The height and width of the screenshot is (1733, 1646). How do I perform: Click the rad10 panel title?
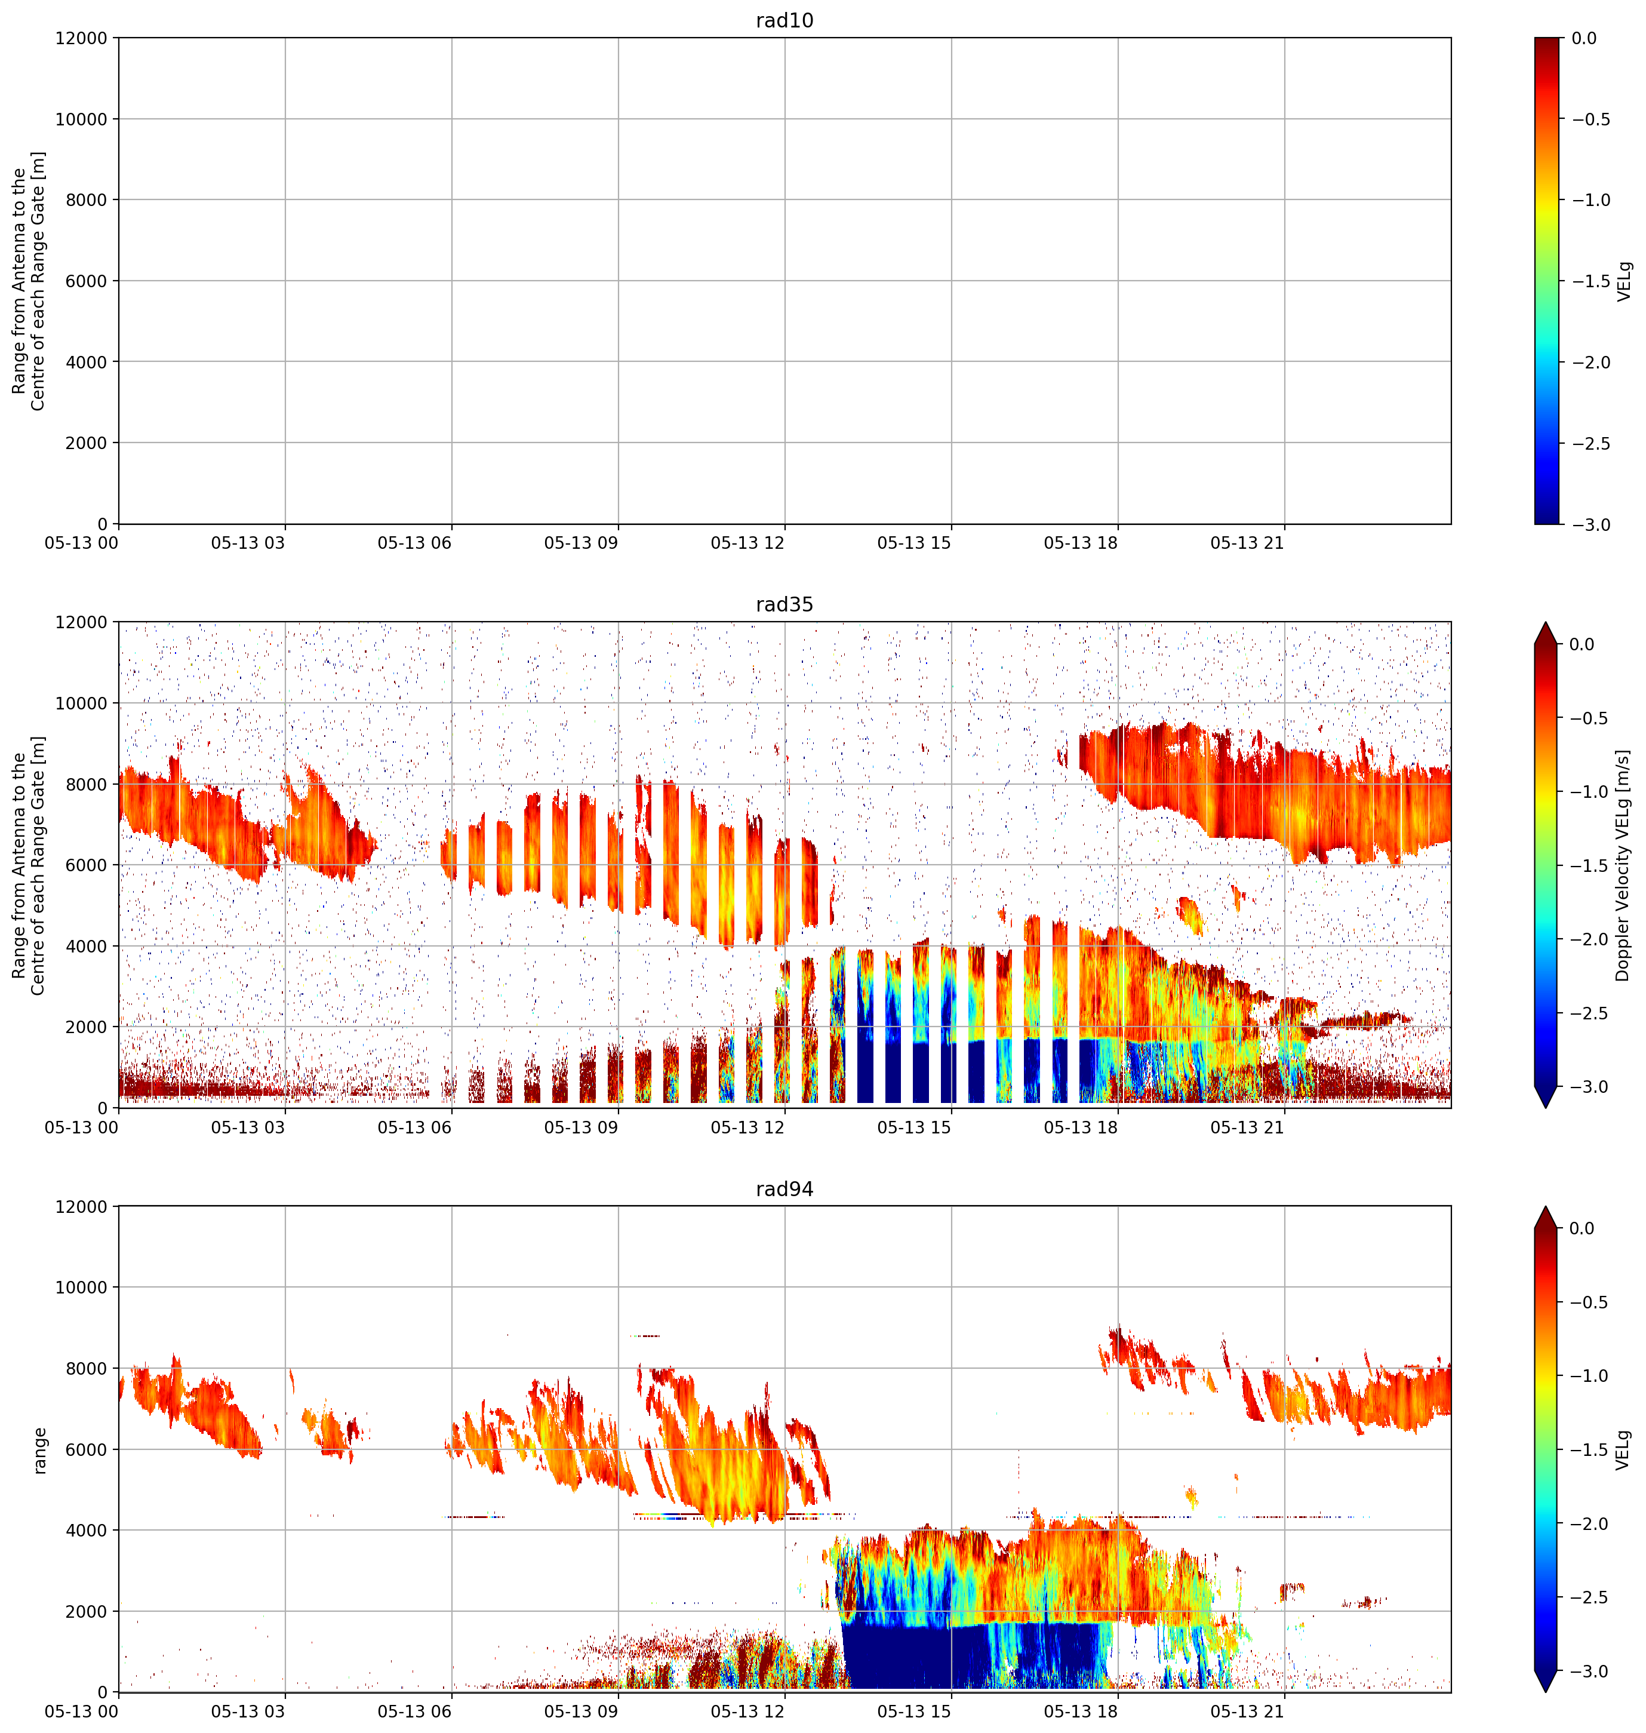(x=784, y=20)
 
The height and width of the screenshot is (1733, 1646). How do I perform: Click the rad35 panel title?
(x=784, y=604)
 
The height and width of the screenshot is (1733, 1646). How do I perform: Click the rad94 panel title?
(x=784, y=1189)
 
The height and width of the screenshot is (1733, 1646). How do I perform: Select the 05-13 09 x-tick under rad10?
(x=581, y=543)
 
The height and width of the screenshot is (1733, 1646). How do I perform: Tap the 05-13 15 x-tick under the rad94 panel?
(x=914, y=1712)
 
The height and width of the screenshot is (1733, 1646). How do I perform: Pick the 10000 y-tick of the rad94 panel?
(x=81, y=1288)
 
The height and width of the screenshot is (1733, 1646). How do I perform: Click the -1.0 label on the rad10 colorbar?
(x=1590, y=200)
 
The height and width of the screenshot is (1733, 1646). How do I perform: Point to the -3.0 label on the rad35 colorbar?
(x=1590, y=1087)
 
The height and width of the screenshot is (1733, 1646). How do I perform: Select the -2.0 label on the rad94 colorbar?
(x=1590, y=1524)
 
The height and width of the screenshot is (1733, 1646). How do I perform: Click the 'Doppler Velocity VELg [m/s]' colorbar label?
(x=1623, y=865)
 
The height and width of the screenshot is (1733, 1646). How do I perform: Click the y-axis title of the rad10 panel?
(x=29, y=281)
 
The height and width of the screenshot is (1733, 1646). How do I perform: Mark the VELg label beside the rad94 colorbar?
(x=1623, y=1451)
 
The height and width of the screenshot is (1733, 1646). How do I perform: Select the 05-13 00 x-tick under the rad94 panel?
(x=82, y=1712)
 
